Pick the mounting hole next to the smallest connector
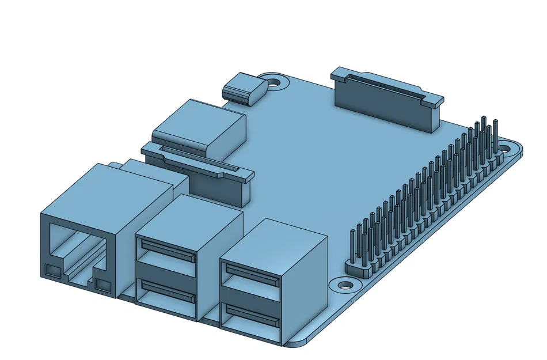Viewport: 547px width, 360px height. point(275,82)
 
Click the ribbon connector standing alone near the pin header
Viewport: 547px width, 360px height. point(386,98)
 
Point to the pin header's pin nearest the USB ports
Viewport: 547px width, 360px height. point(352,248)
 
